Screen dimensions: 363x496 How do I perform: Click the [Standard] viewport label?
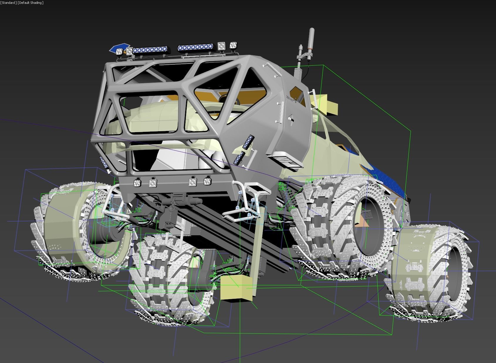tap(9, 3)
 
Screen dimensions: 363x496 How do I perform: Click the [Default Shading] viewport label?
tap(31, 3)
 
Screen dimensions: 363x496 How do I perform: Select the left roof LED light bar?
tap(150, 50)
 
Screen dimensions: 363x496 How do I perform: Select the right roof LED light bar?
tap(195, 47)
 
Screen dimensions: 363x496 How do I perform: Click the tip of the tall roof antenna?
tap(311, 30)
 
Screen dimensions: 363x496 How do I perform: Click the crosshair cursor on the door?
tap(296, 100)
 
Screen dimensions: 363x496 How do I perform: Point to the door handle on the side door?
tap(291, 119)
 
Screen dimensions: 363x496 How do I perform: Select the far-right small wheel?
tap(430, 272)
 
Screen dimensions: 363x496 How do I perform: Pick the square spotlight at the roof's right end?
tap(233, 45)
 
